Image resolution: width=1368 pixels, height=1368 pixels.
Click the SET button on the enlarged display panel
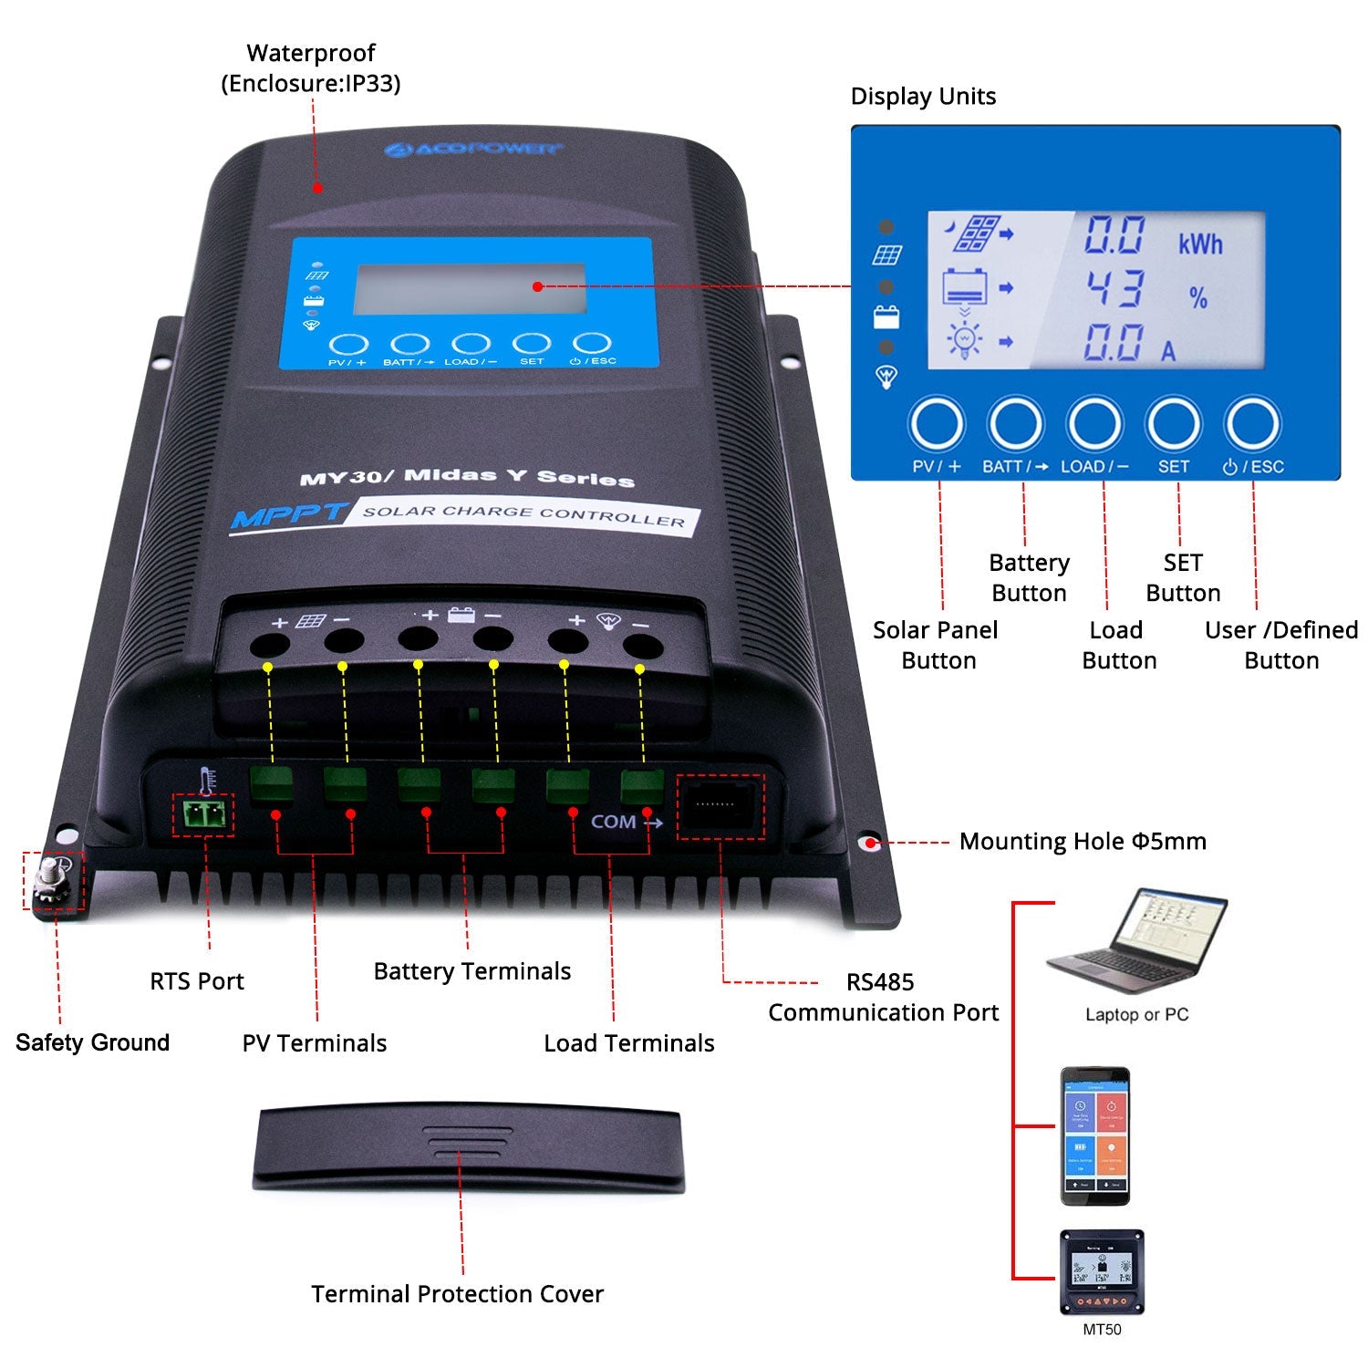tap(1173, 424)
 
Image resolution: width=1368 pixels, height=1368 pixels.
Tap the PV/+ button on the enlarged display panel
tap(937, 424)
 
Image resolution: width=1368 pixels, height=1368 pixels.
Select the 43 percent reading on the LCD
tap(1114, 289)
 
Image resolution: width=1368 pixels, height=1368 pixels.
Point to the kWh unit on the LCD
tap(1199, 244)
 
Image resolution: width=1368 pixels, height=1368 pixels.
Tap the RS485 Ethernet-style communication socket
tap(720, 805)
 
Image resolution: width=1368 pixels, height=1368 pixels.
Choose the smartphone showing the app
tap(1094, 1135)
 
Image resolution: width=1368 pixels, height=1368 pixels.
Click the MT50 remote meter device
tap(1102, 1272)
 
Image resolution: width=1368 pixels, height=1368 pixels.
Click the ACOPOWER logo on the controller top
tap(472, 148)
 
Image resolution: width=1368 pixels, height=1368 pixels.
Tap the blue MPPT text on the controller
tap(287, 516)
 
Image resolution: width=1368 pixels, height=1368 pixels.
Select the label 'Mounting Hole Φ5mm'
tap(1082, 841)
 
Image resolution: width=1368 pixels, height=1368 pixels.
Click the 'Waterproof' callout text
tap(310, 54)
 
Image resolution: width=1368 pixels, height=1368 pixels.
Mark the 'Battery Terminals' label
tap(472, 971)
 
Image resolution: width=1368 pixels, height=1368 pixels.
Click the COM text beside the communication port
tap(613, 822)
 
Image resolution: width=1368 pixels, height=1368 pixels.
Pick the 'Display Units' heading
tap(922, 97)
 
